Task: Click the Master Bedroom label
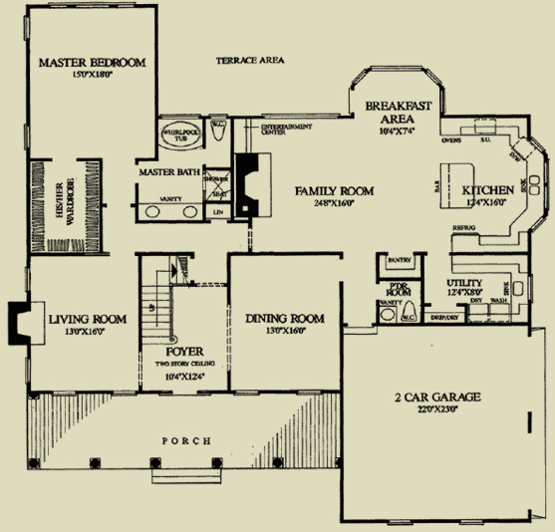pyautogui.click(x=92, y=63)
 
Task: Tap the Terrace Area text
pyautogui.click(x=250, y=61)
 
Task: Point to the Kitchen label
pyautogui.click(x=487, y=189)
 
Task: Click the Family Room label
pyautogui.click(x=334, y=189)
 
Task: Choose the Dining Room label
pyautogui.click(x=285, y=319)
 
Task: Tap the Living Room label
pyautogui.click(x=88, y=319)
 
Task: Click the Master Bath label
pyautogui.click(x=170, y=171)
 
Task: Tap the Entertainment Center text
pyautogui.click(x=285, y=131)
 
